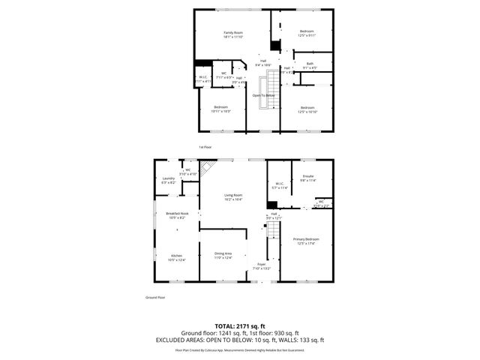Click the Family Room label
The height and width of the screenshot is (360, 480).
[x=233, y=33]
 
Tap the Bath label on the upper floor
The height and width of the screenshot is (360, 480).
[x=310, y=64]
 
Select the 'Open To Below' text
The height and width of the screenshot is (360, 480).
[x=263, y=95]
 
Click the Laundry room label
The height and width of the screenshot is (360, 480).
[x=168, y=178]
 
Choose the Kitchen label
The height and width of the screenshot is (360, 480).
[x=176, y=256]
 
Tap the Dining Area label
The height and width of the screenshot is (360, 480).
[x=223, y=253]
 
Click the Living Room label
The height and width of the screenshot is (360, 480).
[x=233, y=195]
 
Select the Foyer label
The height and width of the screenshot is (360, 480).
[x=262, y=264]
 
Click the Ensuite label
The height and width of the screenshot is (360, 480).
[x=307, y=177]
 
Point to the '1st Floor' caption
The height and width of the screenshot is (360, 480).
[x=205, y=147]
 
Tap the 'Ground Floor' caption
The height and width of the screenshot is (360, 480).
[x=155, y=298]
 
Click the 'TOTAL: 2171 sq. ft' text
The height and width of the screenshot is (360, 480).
[x=239, y=325]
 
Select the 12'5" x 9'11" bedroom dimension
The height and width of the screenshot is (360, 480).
[x=307, y=34]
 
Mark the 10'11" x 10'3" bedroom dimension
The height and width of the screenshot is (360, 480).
[x=220, y=112]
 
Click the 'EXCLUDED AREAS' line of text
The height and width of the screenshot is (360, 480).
[x=239, y=340]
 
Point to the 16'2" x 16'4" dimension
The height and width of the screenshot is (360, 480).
[x=233, y=199]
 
